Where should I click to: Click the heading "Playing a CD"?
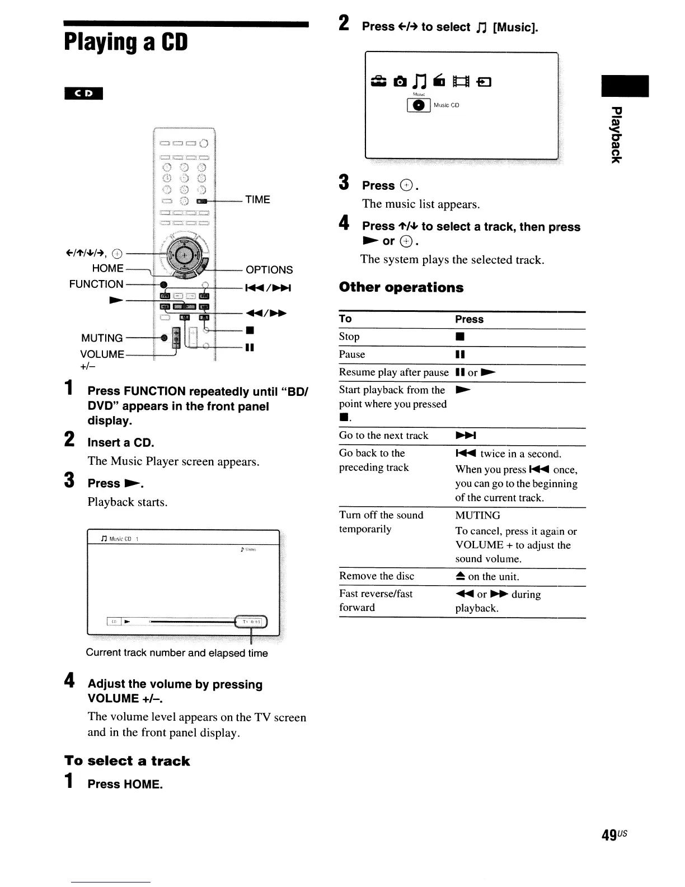[x=126, y=43]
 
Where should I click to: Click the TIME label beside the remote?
[x=257, y=200]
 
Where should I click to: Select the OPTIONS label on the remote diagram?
[x=269, y=270]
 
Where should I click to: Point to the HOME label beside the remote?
[x=107, y=268]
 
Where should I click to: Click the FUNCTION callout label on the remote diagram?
[x=96, y=284]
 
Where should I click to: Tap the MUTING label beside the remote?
[x=102, y=338]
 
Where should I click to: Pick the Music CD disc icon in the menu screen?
[x=417, y=105]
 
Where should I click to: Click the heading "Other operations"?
[x=401, y=287]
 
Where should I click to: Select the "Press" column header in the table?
[x=469, y=319]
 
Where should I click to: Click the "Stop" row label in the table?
[x=349, y=337]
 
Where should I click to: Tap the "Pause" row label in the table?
[x=352, y=354]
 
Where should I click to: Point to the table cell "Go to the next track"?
[x=383, y=436]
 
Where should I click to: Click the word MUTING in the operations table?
[x=477, y=515]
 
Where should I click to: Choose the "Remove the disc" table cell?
[x=377, y=576]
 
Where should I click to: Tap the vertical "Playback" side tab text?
[x=616, y=134]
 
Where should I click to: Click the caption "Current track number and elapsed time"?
[x=177, y=653]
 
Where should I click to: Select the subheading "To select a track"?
[x=127, y=761]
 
